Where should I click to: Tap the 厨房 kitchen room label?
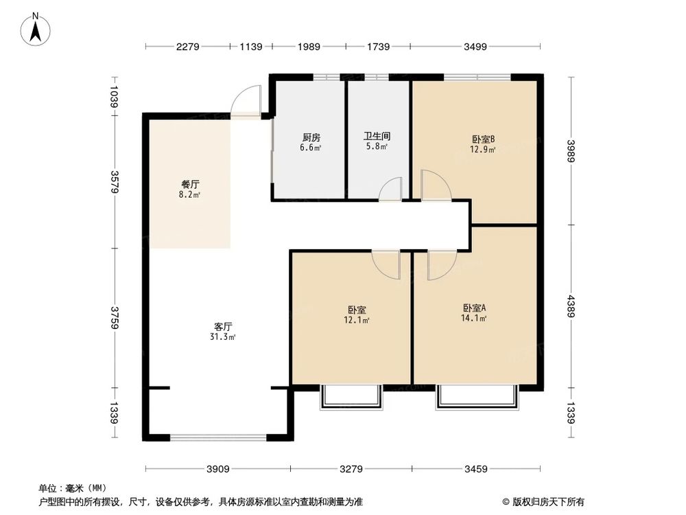pos(309,136)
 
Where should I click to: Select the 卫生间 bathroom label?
pos(377,136)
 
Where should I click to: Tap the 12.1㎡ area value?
pos(357,319)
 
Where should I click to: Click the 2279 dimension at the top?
pos(187,47)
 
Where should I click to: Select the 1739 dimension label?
pos(378,47)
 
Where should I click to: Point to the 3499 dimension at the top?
pos(475,47)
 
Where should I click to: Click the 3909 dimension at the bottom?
pos(217,470)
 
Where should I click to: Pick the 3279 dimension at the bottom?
pos(351,470)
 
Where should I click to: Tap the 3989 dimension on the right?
pos(571,150)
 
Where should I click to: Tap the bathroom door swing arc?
pos(392,189)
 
